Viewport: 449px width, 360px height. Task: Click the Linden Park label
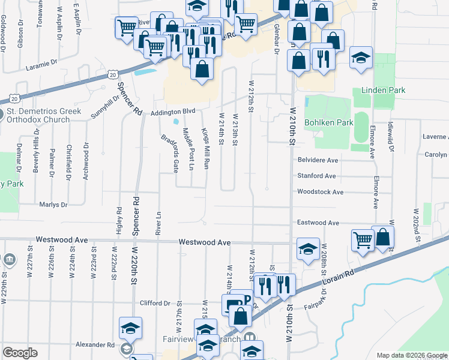pos(383,90)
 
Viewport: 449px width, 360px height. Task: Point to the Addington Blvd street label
pos(173,111)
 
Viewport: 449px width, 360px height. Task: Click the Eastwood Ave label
pos(318,223)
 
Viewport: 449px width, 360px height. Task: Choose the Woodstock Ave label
pos(320,192)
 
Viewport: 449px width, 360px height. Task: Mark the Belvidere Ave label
pos(318,160)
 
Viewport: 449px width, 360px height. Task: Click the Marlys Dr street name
pos(53,205)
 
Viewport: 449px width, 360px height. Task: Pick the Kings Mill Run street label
pos(205,148)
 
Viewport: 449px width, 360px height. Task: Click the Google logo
pos(20,353)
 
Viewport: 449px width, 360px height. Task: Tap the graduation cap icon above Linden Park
pos(361,58)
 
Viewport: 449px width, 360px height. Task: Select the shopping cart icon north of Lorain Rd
pos(363,239)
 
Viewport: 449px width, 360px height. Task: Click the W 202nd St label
pos(415,222)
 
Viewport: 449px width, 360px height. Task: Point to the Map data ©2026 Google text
pos(411,355)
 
